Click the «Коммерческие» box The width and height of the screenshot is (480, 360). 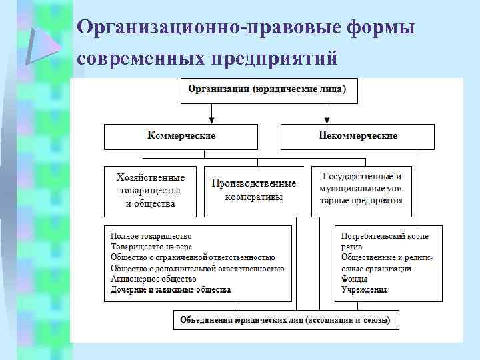181,136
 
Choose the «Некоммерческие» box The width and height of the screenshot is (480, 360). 358,136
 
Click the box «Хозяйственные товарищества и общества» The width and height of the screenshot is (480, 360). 151,191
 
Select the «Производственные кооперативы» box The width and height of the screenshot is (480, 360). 253,191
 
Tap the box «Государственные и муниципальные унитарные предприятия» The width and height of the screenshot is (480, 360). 361,191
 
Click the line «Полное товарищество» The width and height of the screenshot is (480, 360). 151,235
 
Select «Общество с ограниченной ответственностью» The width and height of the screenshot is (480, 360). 193,257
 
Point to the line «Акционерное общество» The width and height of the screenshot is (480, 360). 153,279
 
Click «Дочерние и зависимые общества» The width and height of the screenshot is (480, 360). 171,289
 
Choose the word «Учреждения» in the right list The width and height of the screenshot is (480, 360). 364,289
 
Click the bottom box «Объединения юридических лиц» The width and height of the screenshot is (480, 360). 288,320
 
